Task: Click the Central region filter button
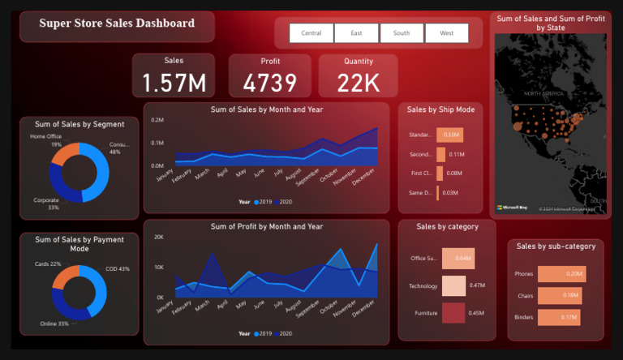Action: tap(311, 33)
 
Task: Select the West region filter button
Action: tap(446, 33)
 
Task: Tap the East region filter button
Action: tap(356, 33)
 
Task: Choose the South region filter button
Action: tap(402, 33)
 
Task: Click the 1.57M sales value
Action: tap(174, 83)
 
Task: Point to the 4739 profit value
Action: tap(269, 83)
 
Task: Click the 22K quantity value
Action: tap(359, 83)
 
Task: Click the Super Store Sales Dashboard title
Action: tap(117, 24)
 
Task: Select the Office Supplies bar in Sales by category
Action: tap(458, 259)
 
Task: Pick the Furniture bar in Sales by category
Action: tap(453, 313)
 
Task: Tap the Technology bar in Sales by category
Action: tap(453, 285)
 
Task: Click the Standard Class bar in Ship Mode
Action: tap(449, 135)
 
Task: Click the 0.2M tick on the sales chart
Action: tap(157, 120)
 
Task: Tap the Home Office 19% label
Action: tap(45, 140)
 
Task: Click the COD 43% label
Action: tap(118, 269)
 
